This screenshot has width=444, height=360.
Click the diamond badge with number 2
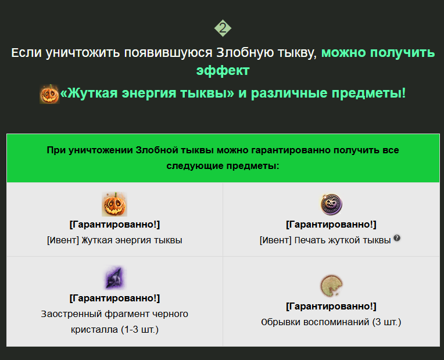223,28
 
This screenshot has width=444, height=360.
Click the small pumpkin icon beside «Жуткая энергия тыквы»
49,94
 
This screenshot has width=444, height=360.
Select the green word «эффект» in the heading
223,71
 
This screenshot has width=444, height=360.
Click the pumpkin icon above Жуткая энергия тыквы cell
114,204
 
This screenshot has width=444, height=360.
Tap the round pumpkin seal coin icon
331,204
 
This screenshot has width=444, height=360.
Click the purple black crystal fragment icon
114,278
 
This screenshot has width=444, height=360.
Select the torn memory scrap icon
331,286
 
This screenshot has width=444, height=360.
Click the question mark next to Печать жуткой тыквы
397,238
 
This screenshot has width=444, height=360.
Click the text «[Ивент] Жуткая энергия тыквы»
114,240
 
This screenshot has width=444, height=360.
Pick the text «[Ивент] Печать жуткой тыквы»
325,240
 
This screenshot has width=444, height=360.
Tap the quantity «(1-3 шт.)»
140,330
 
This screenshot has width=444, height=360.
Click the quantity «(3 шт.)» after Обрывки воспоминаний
386,322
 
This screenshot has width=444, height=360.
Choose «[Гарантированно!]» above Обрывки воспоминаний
331,306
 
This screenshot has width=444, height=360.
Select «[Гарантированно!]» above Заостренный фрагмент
114,298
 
